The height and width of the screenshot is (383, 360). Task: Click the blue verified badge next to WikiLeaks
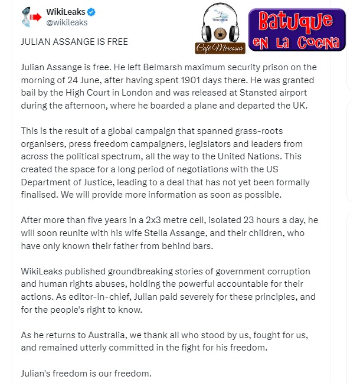[92, 12]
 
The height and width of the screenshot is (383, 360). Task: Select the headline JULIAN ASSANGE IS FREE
[74, 42]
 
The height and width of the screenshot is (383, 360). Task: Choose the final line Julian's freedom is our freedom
[86, 374]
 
